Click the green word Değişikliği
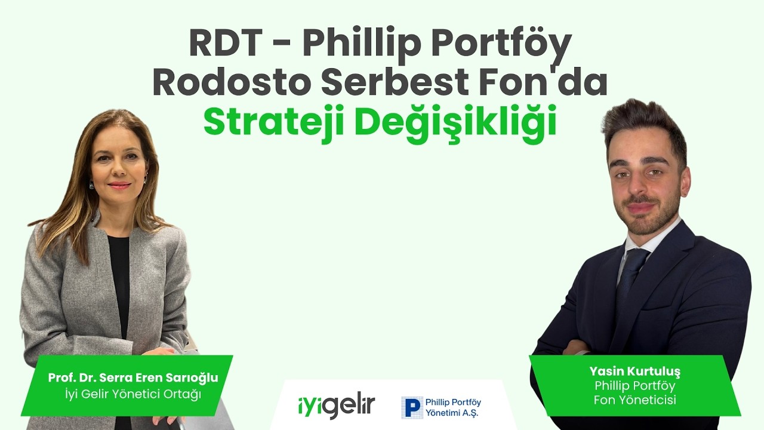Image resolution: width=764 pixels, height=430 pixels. point(459,122)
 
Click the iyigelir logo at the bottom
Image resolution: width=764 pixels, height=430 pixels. point(336,407)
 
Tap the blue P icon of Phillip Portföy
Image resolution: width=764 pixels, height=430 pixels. point(412,407)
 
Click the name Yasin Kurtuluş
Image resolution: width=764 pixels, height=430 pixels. point(634,371)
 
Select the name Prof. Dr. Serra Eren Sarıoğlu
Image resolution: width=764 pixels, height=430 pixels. point(133,377)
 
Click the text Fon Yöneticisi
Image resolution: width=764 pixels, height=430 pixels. point(634,400)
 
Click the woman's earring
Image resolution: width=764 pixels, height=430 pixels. point(91,183)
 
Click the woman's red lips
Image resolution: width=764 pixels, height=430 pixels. point(119,185)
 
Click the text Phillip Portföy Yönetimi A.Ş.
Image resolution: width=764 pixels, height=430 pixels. point(452,407)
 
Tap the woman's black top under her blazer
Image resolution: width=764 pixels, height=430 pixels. point(119,281)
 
